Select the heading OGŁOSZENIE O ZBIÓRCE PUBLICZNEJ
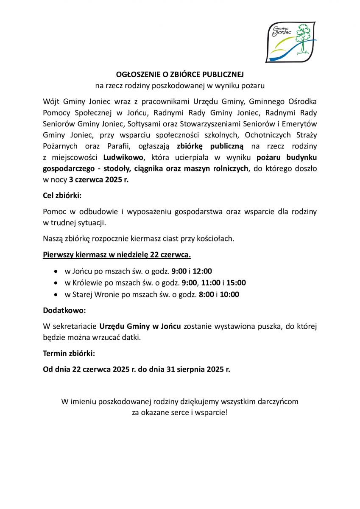(x=180, y=75)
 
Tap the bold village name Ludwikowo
(x=123, y=157)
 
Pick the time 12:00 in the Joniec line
(x=202, y=271)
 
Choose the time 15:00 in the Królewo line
(x=236, y=282)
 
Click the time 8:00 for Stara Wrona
(x=206, y=294)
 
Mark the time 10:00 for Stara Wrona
(x=229, y=294)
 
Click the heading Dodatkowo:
(x=64, y=310)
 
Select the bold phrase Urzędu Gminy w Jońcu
(x=140, y=326)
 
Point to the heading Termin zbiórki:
(x=69, y=353)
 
